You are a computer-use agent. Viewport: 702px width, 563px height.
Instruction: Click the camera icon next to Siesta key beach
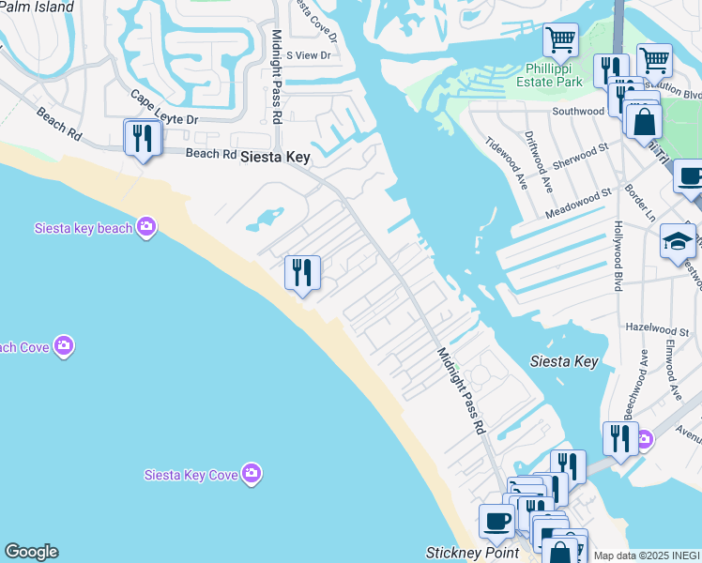145,227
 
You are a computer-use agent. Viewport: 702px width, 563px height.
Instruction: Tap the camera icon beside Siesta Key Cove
251,474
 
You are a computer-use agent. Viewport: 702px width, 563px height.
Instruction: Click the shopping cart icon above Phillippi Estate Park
560,40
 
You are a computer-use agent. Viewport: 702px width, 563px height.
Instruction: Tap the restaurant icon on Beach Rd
143,139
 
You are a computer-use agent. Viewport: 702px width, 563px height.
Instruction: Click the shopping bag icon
644,122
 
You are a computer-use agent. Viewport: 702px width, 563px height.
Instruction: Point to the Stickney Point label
472,553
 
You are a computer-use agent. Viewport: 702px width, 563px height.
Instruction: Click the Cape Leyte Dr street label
164,109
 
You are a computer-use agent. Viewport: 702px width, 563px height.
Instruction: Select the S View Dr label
309,55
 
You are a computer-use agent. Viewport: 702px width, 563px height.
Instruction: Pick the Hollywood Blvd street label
618,255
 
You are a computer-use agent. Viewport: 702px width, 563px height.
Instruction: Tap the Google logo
30,552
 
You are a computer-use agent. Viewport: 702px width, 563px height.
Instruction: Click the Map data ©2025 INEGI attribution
647,555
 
